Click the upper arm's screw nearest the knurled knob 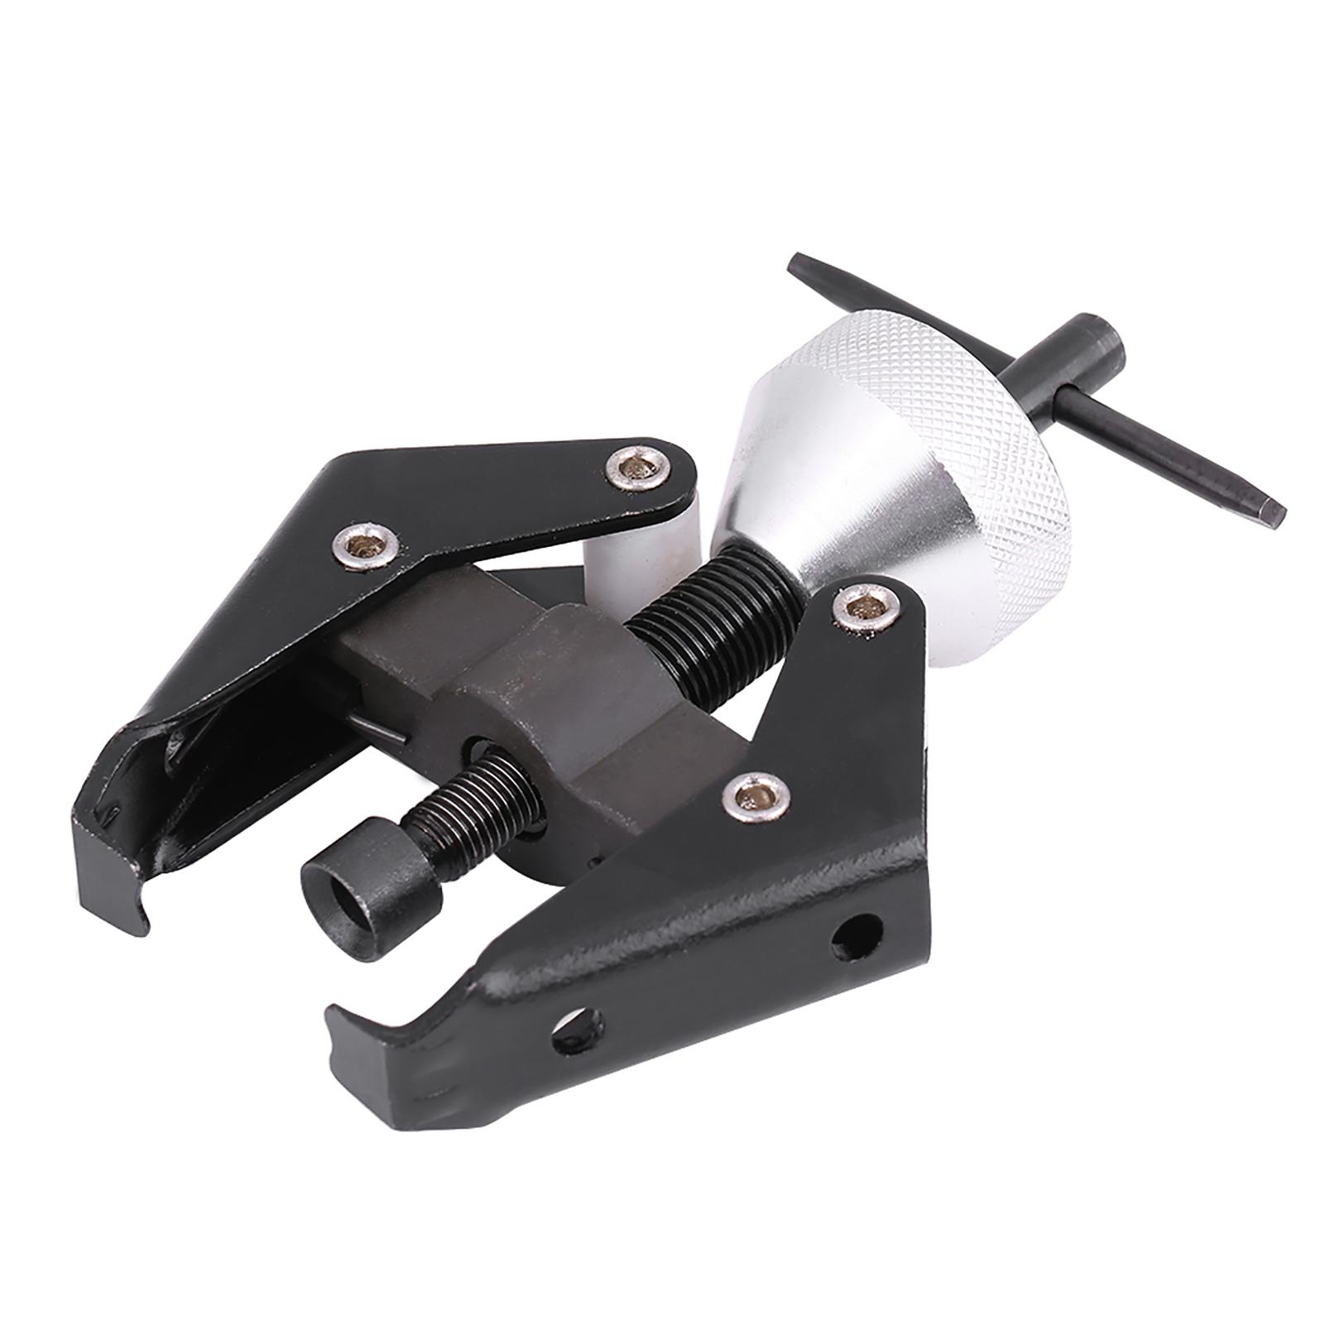tap(630, 470)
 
